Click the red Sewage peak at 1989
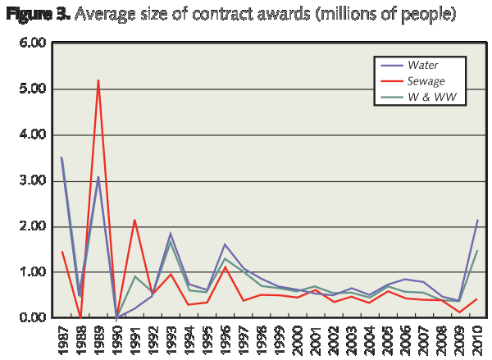[98, 80]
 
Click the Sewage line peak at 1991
[134, 220]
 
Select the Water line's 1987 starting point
[61, 157]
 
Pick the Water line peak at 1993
[169, 234]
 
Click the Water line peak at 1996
[225, 244]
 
